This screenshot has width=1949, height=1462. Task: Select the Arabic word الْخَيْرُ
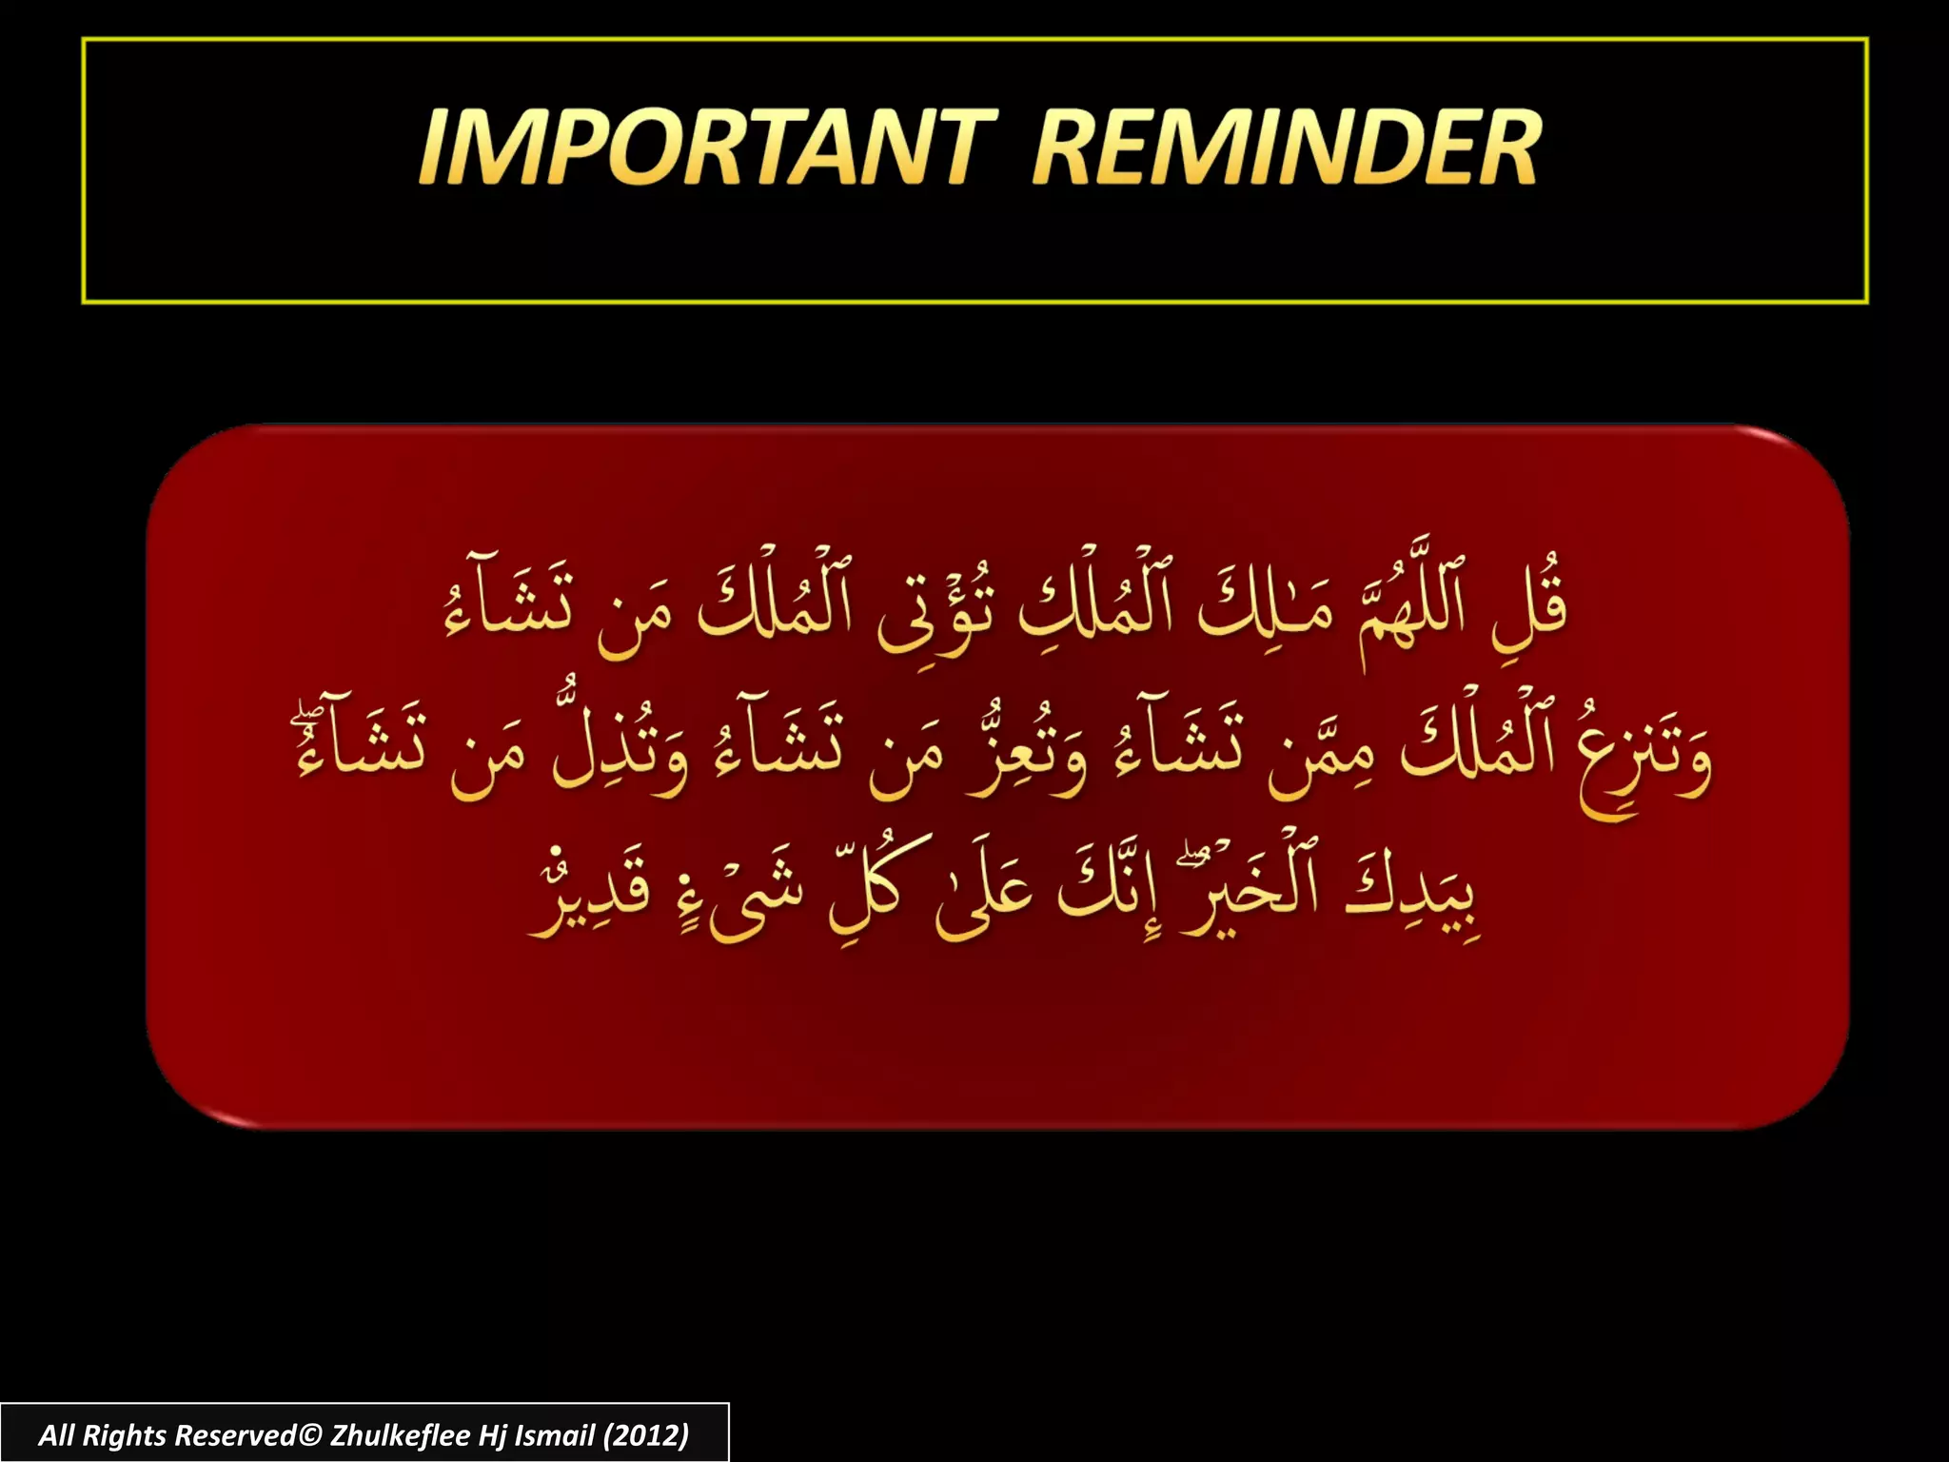[x=1247, y=895]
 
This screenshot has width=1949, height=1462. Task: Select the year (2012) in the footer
[x=645, y=1435]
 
